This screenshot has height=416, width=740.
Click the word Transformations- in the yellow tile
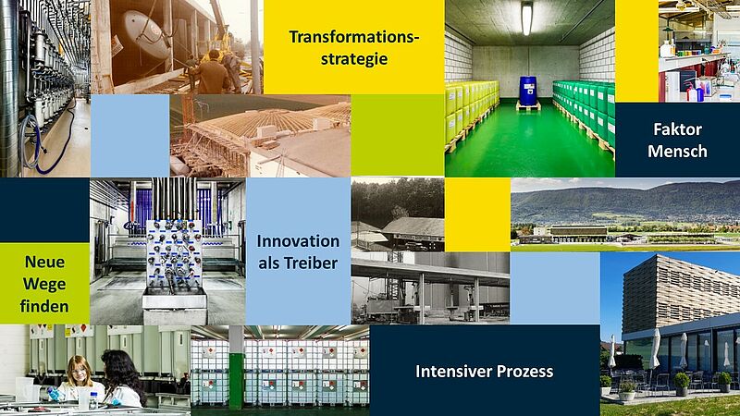tap(354, 37)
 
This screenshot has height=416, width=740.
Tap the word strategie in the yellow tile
tap(354, 59)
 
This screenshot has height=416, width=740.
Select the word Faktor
tap(677, 129)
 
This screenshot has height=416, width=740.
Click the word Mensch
tap(677, 152)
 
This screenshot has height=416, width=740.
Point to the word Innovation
tap(298, 241)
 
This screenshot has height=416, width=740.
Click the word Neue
tap(44, 262)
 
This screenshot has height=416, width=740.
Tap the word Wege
tap(44, 285)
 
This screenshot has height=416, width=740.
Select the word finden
tap(44, 307)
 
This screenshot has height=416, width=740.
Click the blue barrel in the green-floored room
tap(527, 91)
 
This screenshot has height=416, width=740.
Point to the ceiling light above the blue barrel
tap(526, 18)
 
